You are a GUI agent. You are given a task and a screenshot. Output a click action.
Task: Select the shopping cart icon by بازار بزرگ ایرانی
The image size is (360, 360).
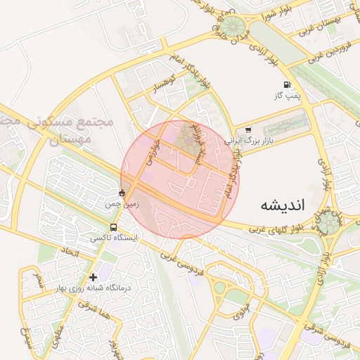click(248, 130)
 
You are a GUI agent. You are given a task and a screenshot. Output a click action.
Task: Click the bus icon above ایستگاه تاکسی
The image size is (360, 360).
click(114, 227)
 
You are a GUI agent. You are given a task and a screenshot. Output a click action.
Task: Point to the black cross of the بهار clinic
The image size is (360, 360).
click(93, 277)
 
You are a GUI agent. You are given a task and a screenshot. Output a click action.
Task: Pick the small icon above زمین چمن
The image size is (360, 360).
click(122, 193)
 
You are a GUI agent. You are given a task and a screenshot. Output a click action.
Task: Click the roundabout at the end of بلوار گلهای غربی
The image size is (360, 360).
click(328, 223)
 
